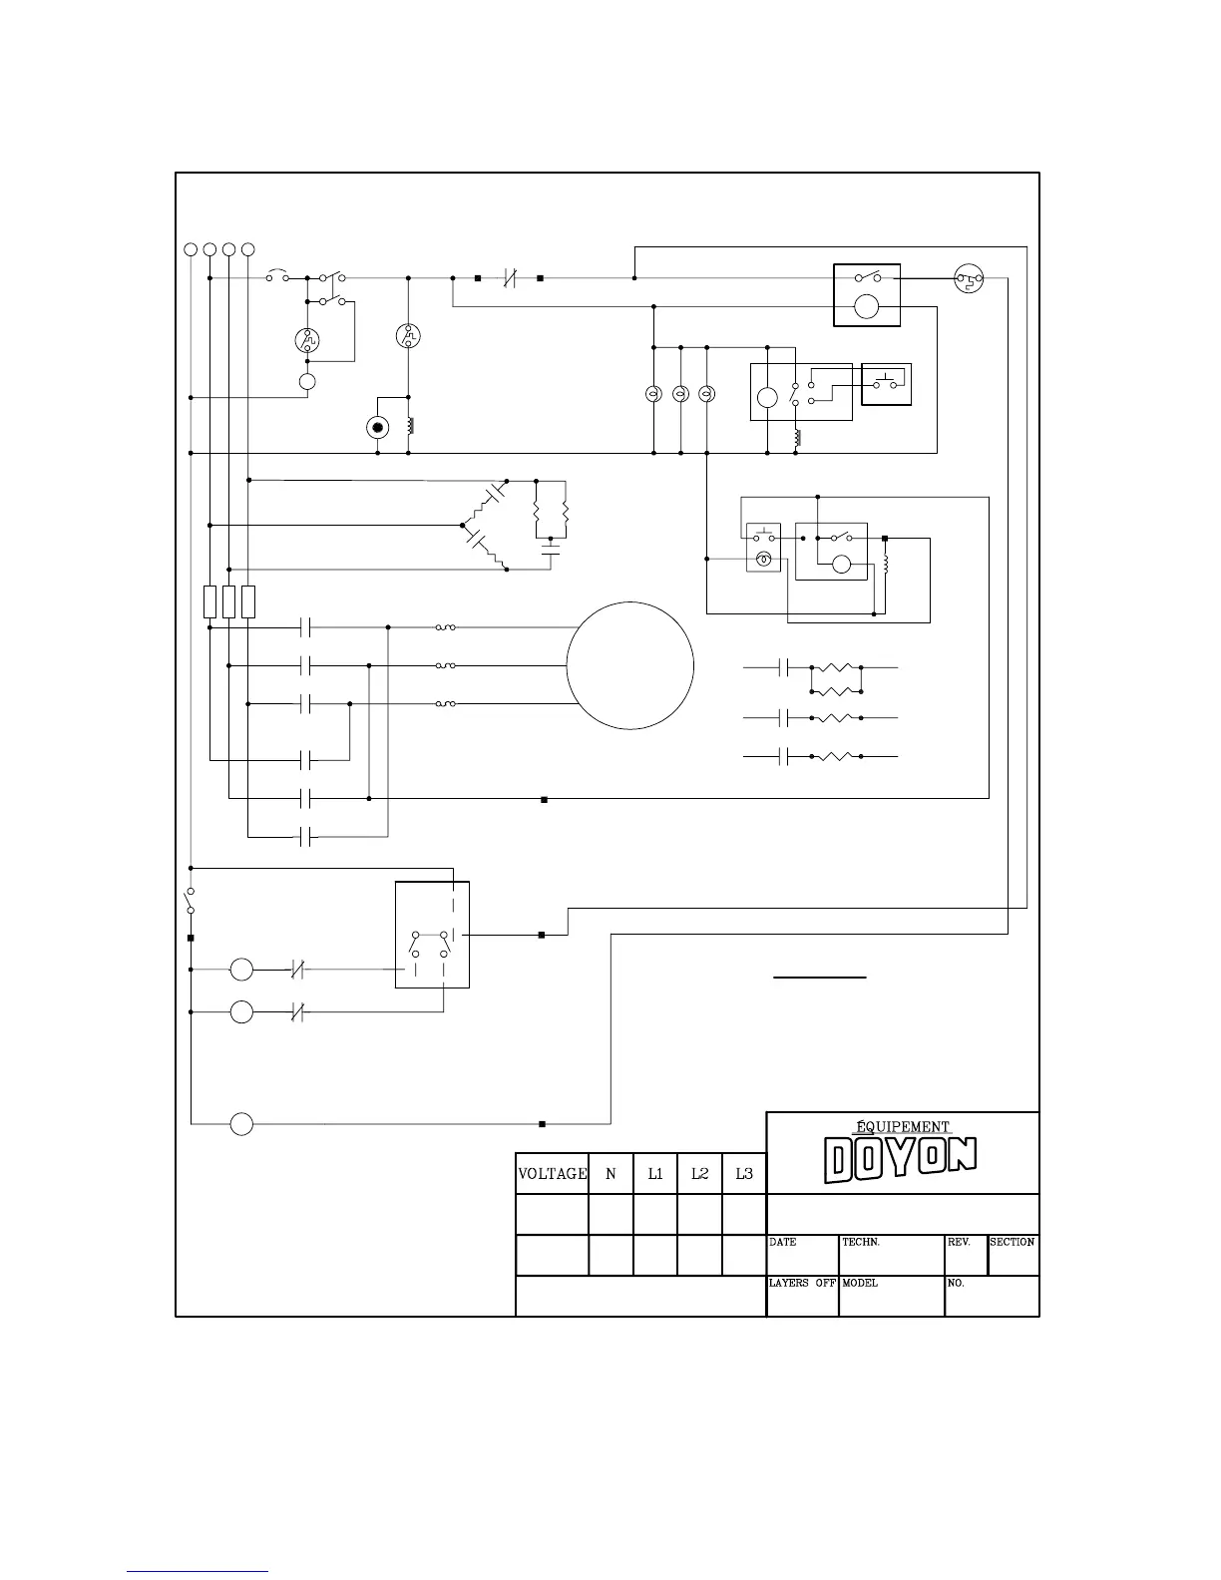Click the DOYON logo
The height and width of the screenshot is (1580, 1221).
[x=901, y=1160]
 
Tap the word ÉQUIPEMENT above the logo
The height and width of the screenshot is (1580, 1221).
[x=903, y=1126]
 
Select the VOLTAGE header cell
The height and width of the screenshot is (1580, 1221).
[x=552, y=1174]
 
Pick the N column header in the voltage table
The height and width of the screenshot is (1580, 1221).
[x=610, y=1174]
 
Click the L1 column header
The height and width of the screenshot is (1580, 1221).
[x=655, y=1174]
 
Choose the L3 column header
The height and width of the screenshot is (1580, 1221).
[x=744, y=1174]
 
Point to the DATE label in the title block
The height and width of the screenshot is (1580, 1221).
[x=782, y=1242]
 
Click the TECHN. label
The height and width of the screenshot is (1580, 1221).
[x=861, y=1242]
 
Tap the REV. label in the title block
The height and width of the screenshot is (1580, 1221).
[x=959, y=1242]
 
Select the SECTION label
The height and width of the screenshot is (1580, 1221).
[x=1012, y=1242]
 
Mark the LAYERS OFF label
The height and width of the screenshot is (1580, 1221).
[x=802, y=1283]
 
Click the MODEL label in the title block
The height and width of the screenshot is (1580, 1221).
[x=860, y=1283]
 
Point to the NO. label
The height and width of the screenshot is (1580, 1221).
[x=956, y=1283]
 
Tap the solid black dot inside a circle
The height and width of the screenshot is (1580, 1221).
[x=377, y=428]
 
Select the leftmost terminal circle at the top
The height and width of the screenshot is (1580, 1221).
[x=191, y=249]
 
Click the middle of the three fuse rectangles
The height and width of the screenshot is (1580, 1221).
[x=229, y=602]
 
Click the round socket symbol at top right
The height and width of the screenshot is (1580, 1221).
[x=969, y=278]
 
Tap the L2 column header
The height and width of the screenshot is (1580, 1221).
[x=699, y=1174]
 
